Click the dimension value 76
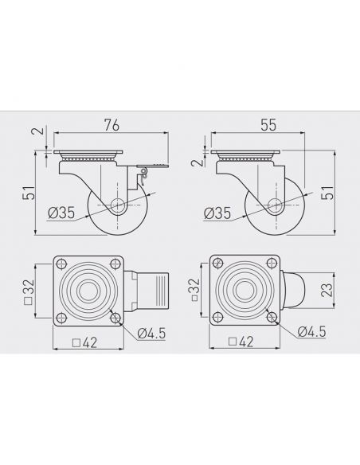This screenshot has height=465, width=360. pyautogui.click(x=112, y=125)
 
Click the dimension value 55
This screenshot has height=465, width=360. pyautogui.click(x=268, y=125)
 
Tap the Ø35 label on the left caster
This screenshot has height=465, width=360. pyautogui.click(x=61, y=213)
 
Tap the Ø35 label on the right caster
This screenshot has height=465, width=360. pyautogui.click(x=217, y=213)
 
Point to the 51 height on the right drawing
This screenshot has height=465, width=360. pyautogui.click(x=328, y=193)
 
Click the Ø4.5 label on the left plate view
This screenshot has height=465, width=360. pyautogui.click(x=151, y=334)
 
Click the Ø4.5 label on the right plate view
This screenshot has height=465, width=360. pyautogui.click(x=312, y=331)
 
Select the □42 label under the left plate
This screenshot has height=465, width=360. pyautogui.click(x=84, y=343)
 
